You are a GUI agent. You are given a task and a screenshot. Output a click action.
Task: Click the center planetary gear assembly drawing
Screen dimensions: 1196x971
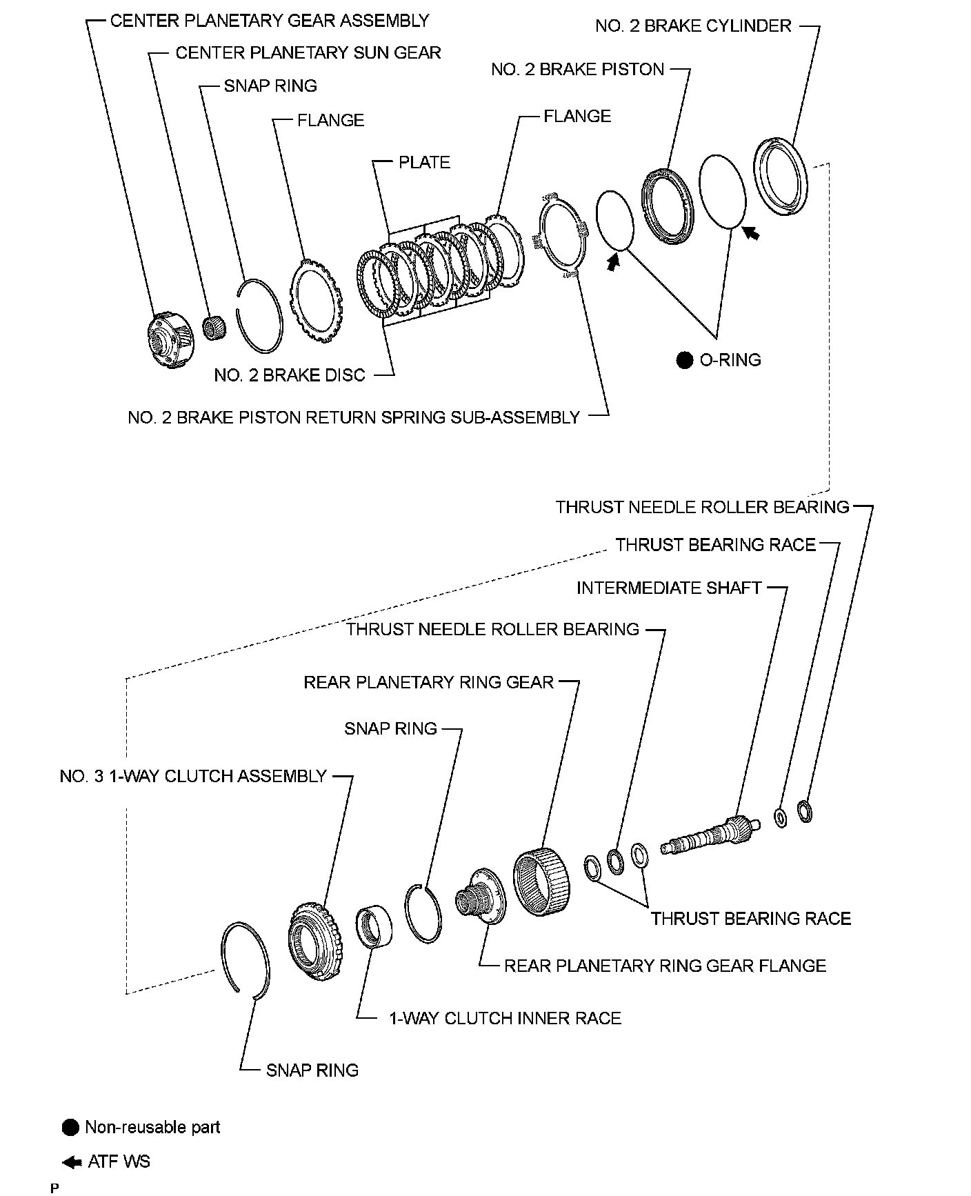(x=168, y=339)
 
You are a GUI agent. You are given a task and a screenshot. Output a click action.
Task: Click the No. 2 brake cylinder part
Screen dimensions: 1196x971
(x=780, y=177)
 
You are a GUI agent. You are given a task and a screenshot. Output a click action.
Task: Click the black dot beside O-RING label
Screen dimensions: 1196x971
(x=684, y=360)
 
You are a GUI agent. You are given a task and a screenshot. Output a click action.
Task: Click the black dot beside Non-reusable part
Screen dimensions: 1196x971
(x=71, y=1128)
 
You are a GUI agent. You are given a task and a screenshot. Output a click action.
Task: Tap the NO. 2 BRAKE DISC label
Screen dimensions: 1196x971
(x=289, y=375)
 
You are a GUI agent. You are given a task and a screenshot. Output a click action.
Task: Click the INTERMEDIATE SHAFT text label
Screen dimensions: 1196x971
(x=668, y=588)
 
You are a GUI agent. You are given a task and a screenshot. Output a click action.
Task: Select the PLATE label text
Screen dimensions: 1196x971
(x=424, y=162)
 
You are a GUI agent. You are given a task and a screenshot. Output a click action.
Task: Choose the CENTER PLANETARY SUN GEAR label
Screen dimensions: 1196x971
(x=308, y=53)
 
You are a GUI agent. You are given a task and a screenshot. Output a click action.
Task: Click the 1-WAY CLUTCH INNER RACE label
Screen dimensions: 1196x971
(x=505, y=1018)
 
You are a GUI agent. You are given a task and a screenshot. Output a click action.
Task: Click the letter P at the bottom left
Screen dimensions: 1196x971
(x=54, y=1188)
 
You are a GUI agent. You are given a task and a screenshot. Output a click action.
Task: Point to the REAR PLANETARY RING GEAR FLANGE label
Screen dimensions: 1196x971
(x=665, y=966)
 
